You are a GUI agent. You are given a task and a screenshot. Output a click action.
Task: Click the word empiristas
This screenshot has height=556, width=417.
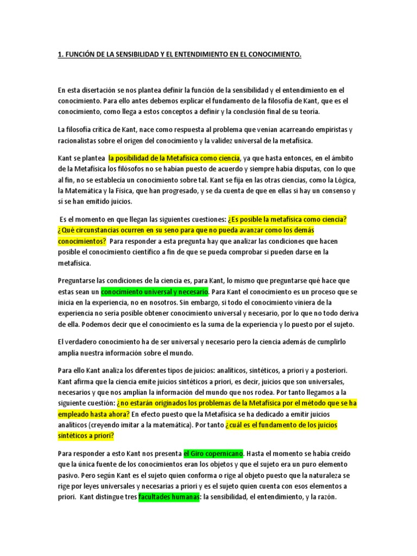(334, 130)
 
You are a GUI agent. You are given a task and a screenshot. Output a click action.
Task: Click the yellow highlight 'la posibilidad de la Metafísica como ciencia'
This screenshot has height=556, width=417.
(174, 159)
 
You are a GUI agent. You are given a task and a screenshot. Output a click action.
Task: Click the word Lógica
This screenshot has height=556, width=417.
(339, 181)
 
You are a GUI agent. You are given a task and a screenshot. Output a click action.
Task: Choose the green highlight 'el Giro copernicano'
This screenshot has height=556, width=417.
(213, 453)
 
